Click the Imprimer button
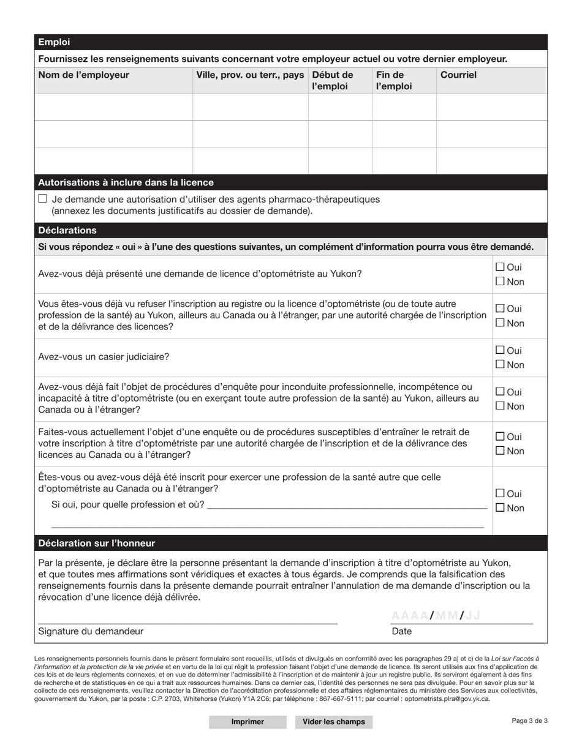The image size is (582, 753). pyautogui.click(x=248, y=722)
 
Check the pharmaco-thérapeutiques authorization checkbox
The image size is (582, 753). pyautogui.click(x=42, y=199)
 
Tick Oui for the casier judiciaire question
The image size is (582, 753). pyautogui.click(x=500, y=350)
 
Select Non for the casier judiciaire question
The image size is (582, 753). pyautogui.click(x=500, y=365)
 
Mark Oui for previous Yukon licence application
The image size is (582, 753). pyautogui.click(x=500, y=267)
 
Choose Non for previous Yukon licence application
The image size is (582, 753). pyautogui.click(x=500, y=282)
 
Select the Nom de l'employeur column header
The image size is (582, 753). pyautogui.click(x=84, y=75)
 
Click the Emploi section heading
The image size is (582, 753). pyautogui.click(x=55, y=42)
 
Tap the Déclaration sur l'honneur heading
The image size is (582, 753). pyautogui.click(x=97, y=543)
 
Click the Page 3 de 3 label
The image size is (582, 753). pyautogui.click(x=529, y=721)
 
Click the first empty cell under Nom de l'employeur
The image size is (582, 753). pyautogui.click(x=114, y=107)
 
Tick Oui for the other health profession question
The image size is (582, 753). pyautogui.click(x=500, y=493)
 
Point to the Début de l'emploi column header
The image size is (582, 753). pyautogui.click(x=333, y=81)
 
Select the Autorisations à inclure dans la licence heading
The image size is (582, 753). pyautogui.click(x=126, y=182)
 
